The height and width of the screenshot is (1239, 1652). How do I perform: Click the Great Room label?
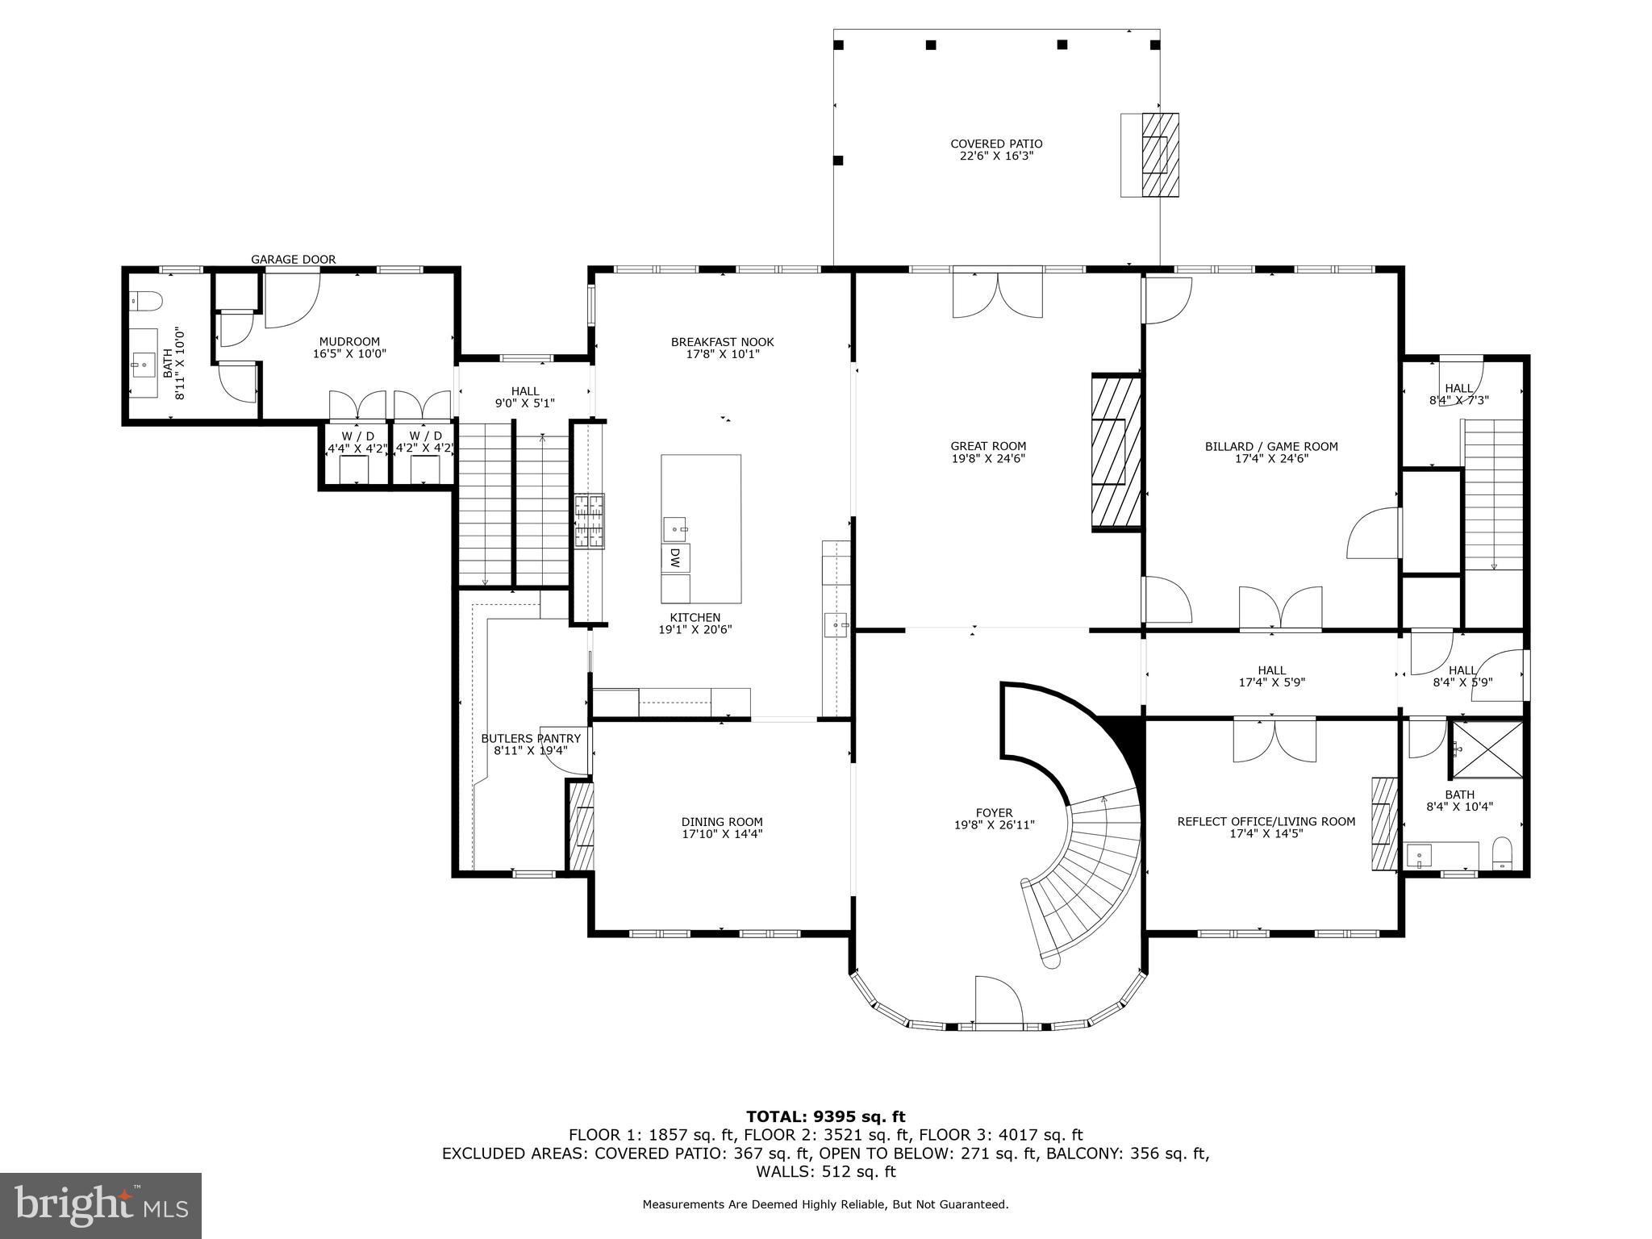[988, 446]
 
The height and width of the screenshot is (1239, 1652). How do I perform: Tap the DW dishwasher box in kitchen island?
[675, 557]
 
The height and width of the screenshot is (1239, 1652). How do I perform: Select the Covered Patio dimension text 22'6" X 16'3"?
[996, 156]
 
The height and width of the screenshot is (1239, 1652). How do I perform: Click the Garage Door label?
[293, 260]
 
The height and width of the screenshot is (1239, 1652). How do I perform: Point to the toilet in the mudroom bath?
[147, 301]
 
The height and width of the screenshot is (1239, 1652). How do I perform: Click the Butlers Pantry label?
[531, 738]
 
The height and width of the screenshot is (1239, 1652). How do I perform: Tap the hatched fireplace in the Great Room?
[1116, 452]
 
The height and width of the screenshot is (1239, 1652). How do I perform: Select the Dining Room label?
[722, 822]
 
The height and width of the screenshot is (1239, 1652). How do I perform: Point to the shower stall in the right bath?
[1487, 749]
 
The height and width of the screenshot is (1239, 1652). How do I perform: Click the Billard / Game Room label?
[1271, 446]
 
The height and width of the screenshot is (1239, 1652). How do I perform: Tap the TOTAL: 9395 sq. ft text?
[825, 1116]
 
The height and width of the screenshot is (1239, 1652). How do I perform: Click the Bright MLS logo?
[101, 1206]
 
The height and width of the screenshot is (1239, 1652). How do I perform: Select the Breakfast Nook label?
[722, 342]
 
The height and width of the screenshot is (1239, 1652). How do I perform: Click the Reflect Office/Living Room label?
[1266, 821]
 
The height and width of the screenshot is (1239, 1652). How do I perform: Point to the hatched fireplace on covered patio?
[1159, 155]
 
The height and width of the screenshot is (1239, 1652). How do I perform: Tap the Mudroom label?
[349, 342]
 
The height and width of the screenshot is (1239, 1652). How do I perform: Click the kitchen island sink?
[675, 529]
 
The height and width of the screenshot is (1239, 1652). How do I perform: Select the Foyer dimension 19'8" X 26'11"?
[994, 825]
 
